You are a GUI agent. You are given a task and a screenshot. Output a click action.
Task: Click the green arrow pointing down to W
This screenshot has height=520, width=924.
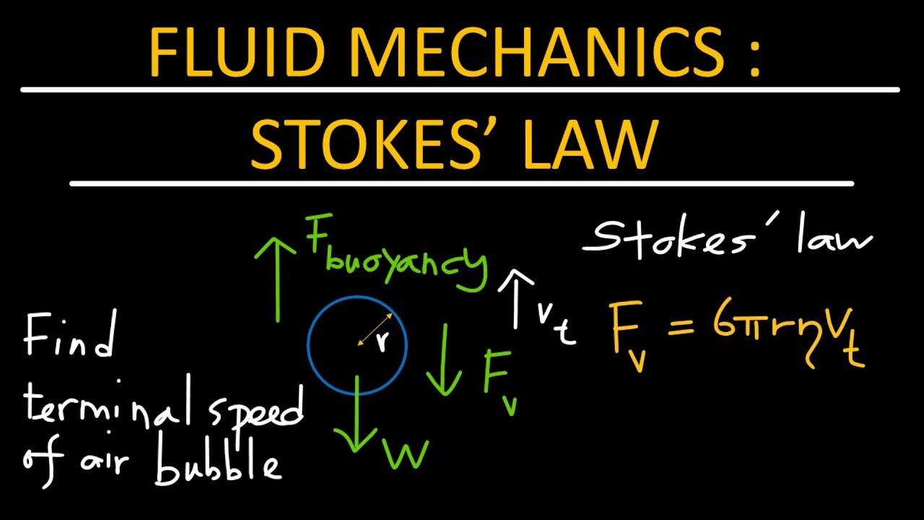357,419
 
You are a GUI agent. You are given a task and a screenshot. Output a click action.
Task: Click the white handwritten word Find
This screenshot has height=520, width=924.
69,336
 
